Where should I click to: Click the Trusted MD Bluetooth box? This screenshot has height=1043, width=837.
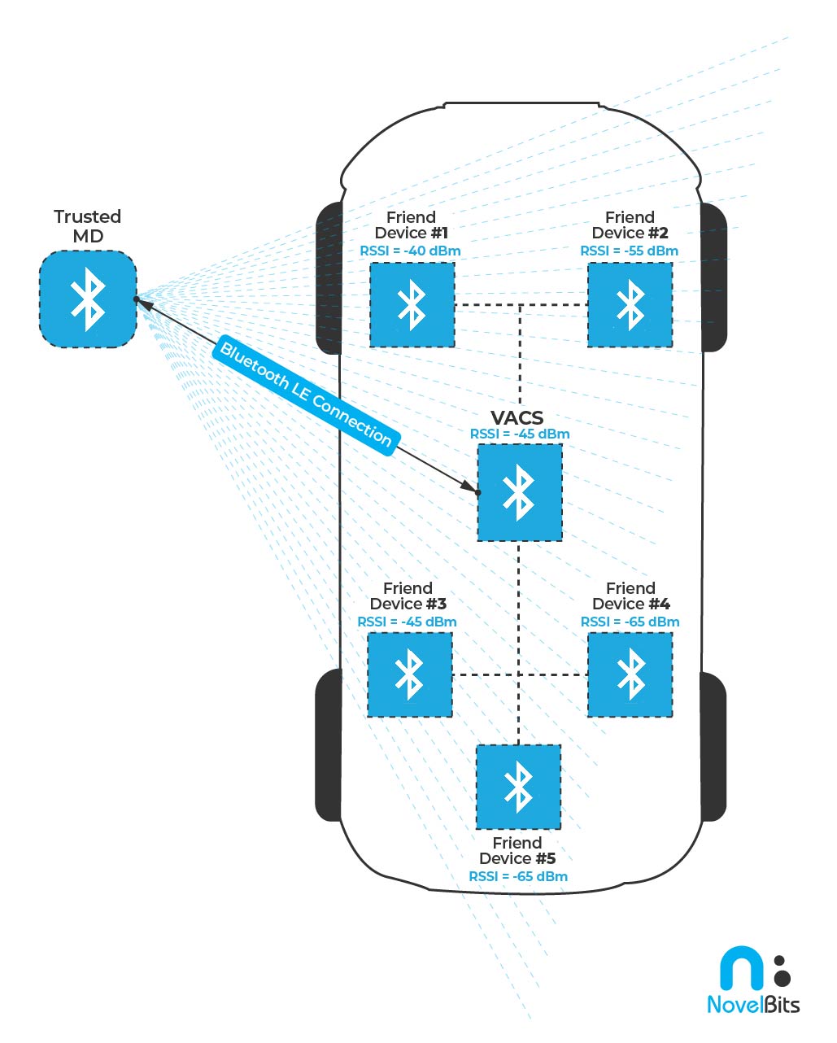tap(88, 299)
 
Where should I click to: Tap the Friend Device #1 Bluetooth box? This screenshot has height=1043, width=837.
tap(412, 305)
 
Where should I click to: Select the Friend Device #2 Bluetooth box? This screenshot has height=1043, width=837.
tap(630, 305)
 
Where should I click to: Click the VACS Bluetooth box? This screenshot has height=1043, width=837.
tap(519, 492)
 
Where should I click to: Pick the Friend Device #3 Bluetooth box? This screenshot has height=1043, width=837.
tap(410, 675)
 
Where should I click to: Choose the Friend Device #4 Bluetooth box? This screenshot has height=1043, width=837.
tap(630, 675)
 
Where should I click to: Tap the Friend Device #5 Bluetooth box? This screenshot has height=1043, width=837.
tap(518, 787)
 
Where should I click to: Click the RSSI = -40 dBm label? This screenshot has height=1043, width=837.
tap(410, 251)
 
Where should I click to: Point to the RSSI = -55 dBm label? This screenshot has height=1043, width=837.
tap(629, 251)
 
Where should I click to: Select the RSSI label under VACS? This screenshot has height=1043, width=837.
tap(519, 434)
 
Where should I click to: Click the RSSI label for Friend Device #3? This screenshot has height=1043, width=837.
tap(407, 622)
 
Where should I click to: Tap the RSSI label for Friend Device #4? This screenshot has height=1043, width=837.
tap(630, 622)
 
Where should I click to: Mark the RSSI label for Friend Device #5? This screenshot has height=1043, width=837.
tap(518, 877)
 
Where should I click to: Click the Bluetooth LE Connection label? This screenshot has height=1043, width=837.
tap(306, 395)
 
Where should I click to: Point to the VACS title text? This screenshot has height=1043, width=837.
tap(517, 418)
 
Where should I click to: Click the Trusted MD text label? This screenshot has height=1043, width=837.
tap(87, 226)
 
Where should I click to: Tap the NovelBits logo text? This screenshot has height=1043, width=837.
tap(753, 1005)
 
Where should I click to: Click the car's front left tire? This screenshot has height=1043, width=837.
tap(328, 277)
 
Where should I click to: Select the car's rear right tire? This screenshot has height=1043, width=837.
tap(713, 746)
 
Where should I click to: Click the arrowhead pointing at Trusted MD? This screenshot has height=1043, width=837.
tap(145, 303)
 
